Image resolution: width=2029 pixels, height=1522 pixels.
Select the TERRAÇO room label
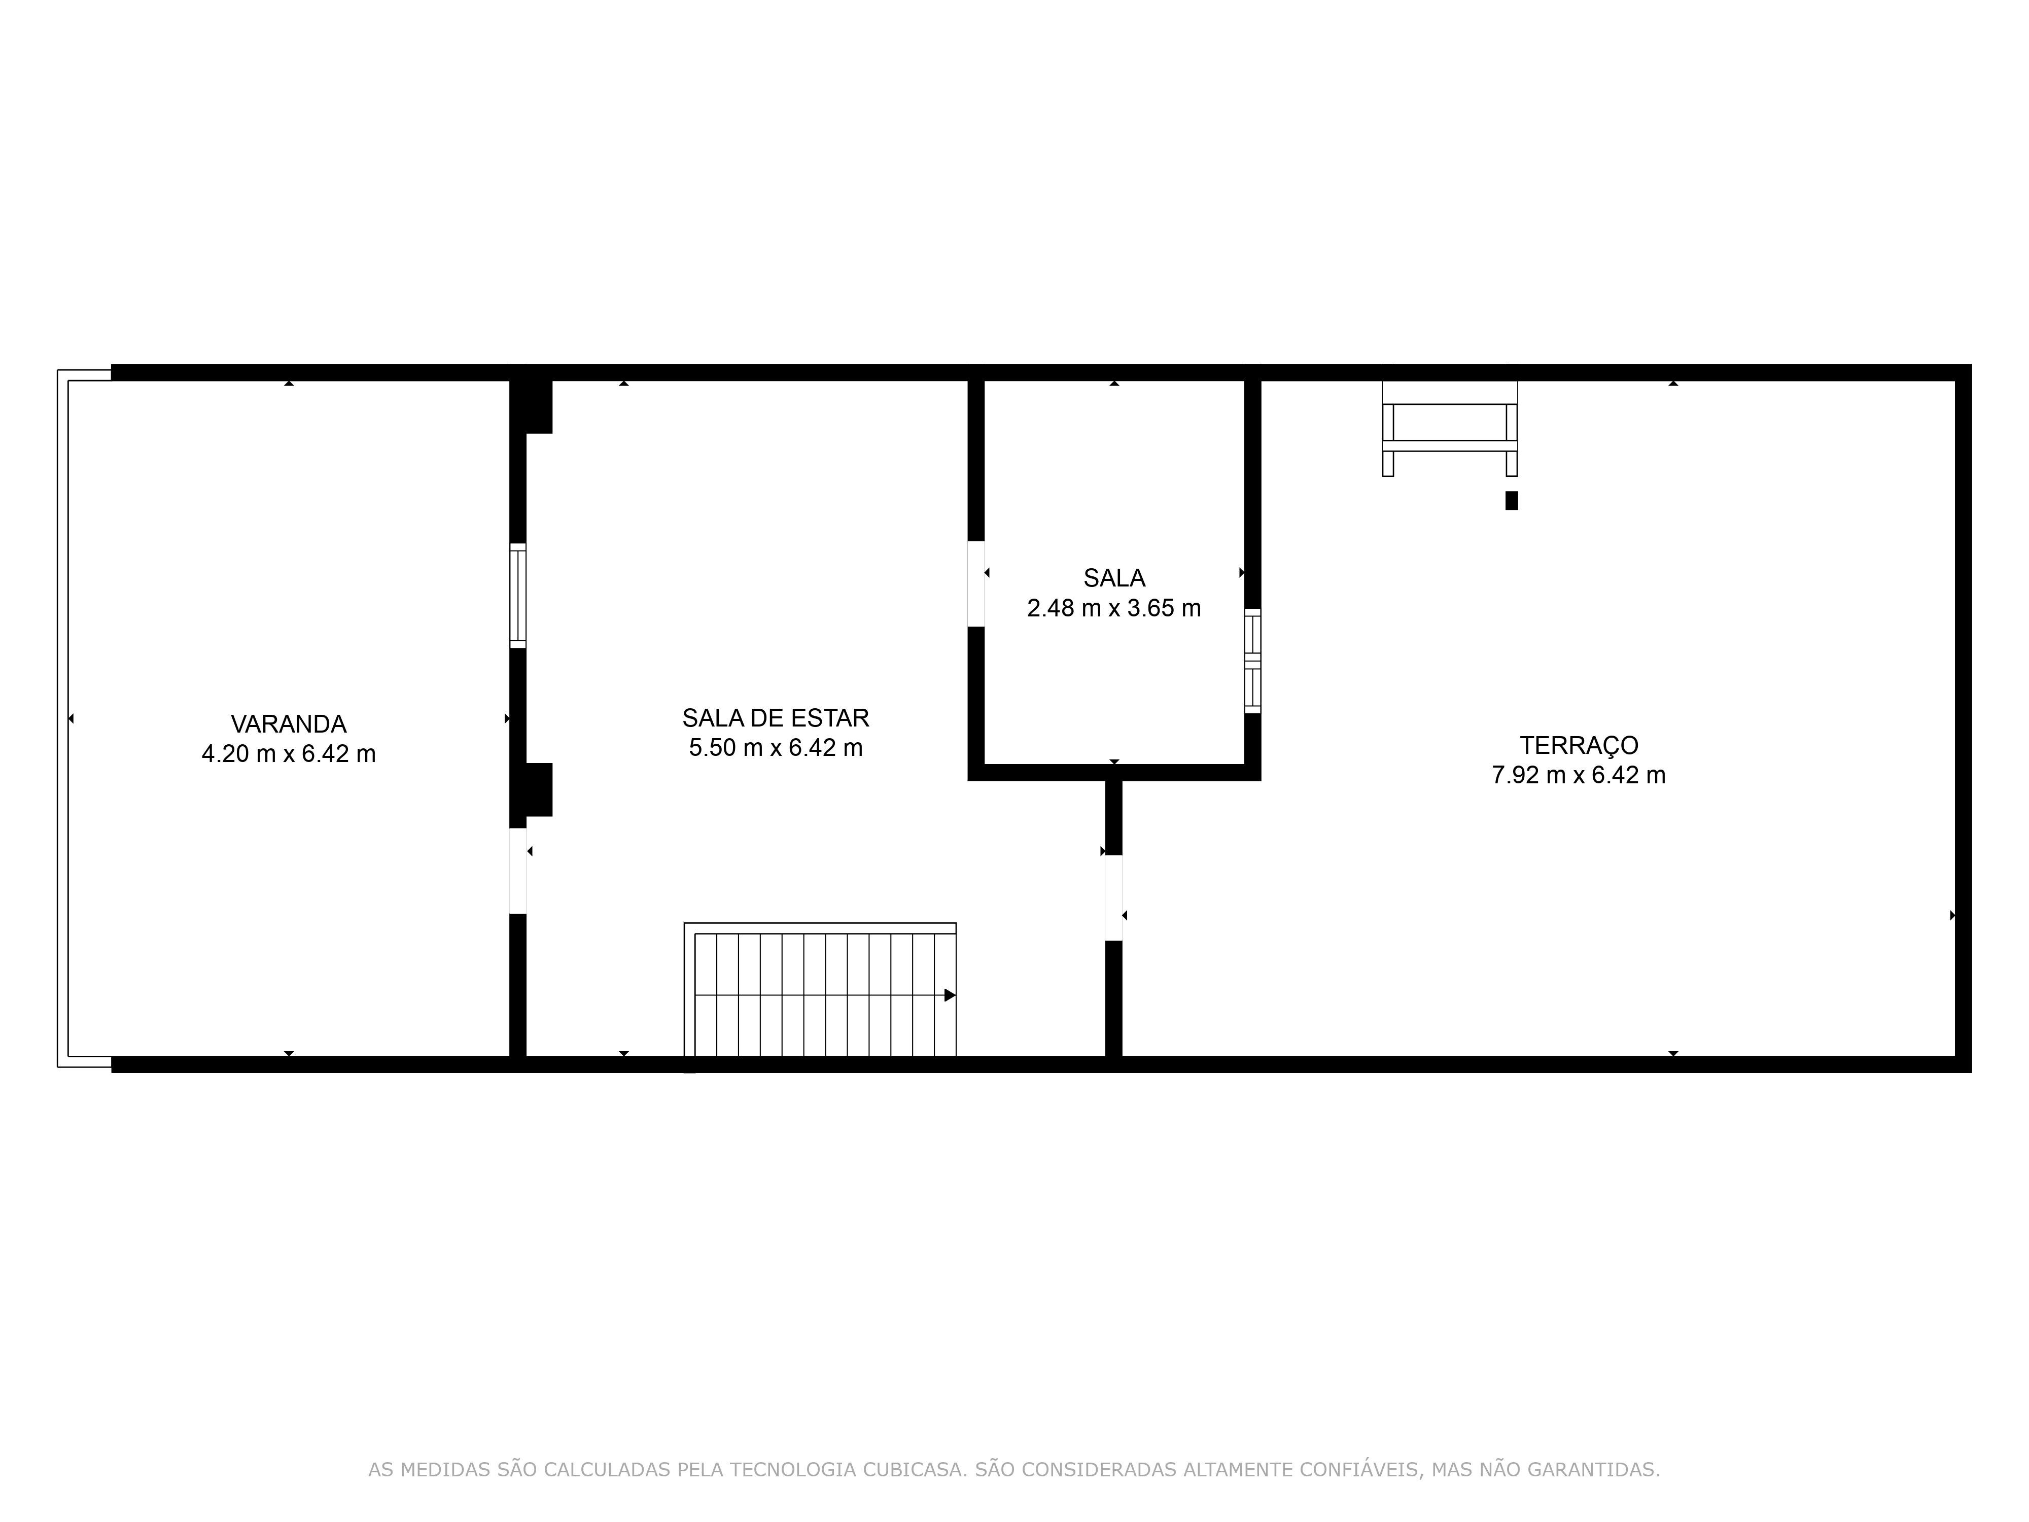click(x=1579, y=746)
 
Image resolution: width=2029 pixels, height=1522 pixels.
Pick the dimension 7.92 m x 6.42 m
click(x=1579, y=775)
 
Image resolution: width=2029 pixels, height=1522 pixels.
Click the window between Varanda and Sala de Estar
click(x=518, y=596)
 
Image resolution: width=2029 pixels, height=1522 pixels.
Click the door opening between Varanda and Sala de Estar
click(x=518, y=871)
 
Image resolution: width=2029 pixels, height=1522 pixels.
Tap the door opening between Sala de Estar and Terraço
click(x=1113, y=897)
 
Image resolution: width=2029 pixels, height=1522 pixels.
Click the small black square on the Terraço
click(x=1512, y=500)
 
